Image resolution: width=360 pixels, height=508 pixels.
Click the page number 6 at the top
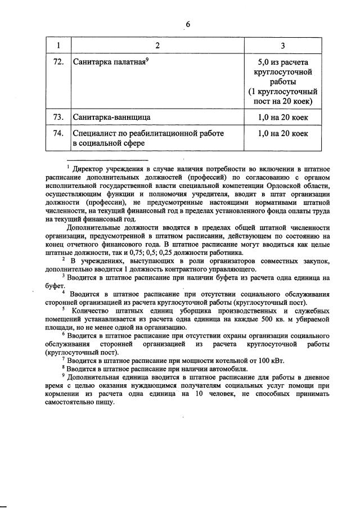[x=188, y=24]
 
